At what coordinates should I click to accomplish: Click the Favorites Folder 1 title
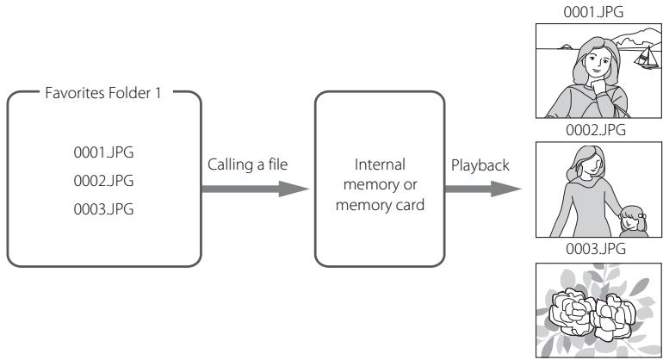tap(103, 93)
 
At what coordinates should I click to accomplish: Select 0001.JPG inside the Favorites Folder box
tap(103, 152)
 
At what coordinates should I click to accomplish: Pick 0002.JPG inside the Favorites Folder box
tap(103, 181)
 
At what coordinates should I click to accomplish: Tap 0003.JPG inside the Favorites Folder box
tap(103, 209)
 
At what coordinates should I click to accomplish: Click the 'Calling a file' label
tap(247, 164)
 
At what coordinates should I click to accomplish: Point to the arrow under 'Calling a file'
tap(255, 189)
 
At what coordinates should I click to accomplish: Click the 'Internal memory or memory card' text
tap(380, 184)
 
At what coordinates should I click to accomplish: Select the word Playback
tap(480, 165)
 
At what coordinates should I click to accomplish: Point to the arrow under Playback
tap(482, 189)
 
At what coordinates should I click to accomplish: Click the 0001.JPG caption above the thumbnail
tap(593, 12)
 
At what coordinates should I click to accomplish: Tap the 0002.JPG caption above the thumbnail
tap(596, 130)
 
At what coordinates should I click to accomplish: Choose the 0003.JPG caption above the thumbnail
tap(596, 249)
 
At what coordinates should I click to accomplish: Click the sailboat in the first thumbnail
tap(647, 58)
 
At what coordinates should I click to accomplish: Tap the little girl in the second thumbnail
tap(633, 220)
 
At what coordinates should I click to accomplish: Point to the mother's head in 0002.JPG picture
tap(587, 162)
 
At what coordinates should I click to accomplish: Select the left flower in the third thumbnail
tap(572, 312)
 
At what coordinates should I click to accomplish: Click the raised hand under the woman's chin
tap(598, 86)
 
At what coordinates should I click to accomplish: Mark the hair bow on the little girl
tap(641, 215)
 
